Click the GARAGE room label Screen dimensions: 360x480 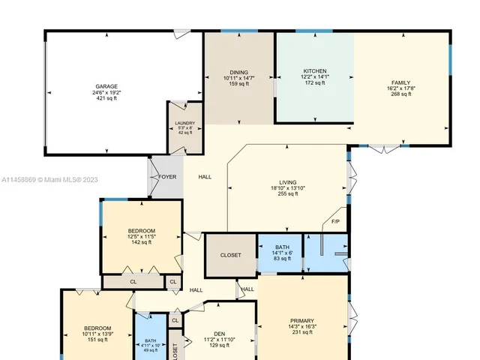tap(106, 86)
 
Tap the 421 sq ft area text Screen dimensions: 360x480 tap(106, 99)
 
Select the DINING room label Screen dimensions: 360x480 tap(239, 73)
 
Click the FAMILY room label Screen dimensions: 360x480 tap(402, 82)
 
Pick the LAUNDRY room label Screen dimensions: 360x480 tap(184, 123)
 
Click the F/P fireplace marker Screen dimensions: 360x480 tap(335, 222)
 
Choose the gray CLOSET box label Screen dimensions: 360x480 tap(231, 255)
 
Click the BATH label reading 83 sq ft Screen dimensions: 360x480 tap(283, 247)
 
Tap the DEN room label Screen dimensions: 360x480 tap(219, 334)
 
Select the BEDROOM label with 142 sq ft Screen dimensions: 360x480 tap(141, 230)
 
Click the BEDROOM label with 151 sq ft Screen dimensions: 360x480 tap(97, 328)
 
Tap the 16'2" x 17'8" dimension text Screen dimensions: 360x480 tap(402, 88)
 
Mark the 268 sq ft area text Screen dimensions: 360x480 tap(402, 94)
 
